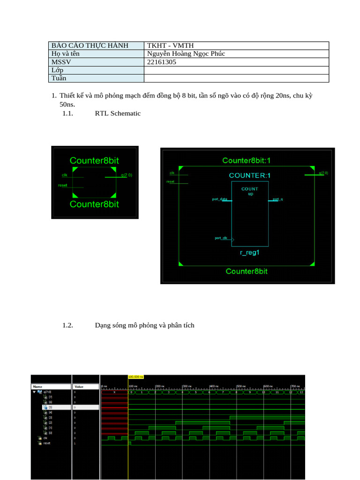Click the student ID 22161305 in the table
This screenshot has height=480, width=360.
click(162, 61)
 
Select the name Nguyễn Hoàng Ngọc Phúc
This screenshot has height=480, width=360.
click(186, 53)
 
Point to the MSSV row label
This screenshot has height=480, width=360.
click(60, 61)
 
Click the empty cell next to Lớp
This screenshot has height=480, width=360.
click(236, 70)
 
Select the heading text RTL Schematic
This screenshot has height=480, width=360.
click(118, 113)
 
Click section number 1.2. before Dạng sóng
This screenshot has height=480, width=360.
click(67, 325)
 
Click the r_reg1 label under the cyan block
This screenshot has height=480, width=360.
click(249, 253)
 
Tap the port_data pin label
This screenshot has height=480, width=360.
click(219, 199)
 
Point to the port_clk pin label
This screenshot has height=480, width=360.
click(221, 238)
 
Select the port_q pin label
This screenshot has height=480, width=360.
click(278, 199)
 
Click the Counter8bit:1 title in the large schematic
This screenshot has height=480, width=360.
click(246, 161)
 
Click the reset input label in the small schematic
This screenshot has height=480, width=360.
click(62, 185)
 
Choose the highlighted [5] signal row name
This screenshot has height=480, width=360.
click(51, 407)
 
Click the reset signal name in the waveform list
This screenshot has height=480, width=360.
click(46, 443)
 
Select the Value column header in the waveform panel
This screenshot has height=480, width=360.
click(78, 387)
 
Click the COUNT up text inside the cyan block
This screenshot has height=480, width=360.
click(250, 191)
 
